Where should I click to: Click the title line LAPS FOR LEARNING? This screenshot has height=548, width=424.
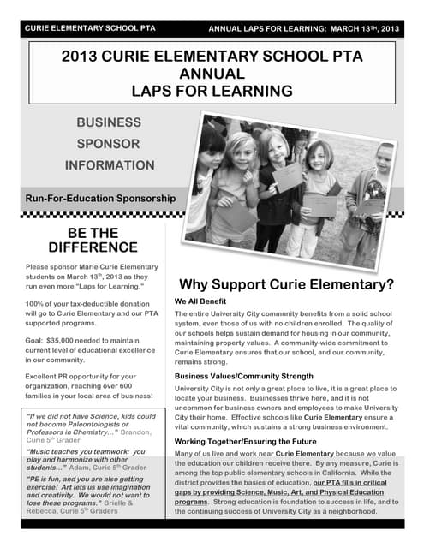[212, 90]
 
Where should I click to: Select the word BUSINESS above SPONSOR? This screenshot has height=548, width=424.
[109, 123]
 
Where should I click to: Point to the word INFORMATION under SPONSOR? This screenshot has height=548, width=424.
[109, 164]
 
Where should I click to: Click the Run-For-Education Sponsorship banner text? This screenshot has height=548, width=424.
[101, 198]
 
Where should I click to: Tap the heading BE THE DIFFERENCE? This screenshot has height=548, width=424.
[93, 240]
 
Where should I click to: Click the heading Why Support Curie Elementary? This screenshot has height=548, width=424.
[286, 284]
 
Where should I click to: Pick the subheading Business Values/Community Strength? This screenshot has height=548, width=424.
[242, 376]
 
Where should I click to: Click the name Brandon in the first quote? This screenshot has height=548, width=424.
[136, 433]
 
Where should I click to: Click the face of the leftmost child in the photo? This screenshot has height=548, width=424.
[211, 143]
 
